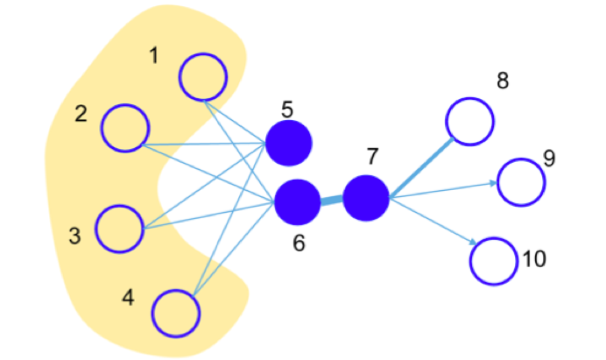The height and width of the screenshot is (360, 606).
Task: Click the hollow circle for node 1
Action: [203, 77]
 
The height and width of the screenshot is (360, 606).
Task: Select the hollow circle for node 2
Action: [125, 128]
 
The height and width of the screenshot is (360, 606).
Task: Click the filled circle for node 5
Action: [289, 143]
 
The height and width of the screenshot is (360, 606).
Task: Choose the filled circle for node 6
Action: [298, 201]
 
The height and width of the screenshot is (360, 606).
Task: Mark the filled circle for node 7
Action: [366, 197]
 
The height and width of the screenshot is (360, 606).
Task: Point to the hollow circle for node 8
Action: [469, 120]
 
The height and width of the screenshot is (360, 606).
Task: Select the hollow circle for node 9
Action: [521, 181]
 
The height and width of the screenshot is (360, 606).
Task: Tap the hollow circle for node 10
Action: [495, 261]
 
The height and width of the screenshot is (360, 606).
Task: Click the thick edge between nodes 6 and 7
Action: [332, 200]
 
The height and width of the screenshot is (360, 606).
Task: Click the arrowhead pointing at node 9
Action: [493, 183]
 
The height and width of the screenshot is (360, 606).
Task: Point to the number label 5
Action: [286, 109]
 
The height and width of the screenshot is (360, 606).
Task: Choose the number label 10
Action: [534, 259]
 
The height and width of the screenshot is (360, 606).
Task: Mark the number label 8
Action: [502, 81]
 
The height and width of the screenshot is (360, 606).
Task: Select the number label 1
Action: [154, 56]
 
